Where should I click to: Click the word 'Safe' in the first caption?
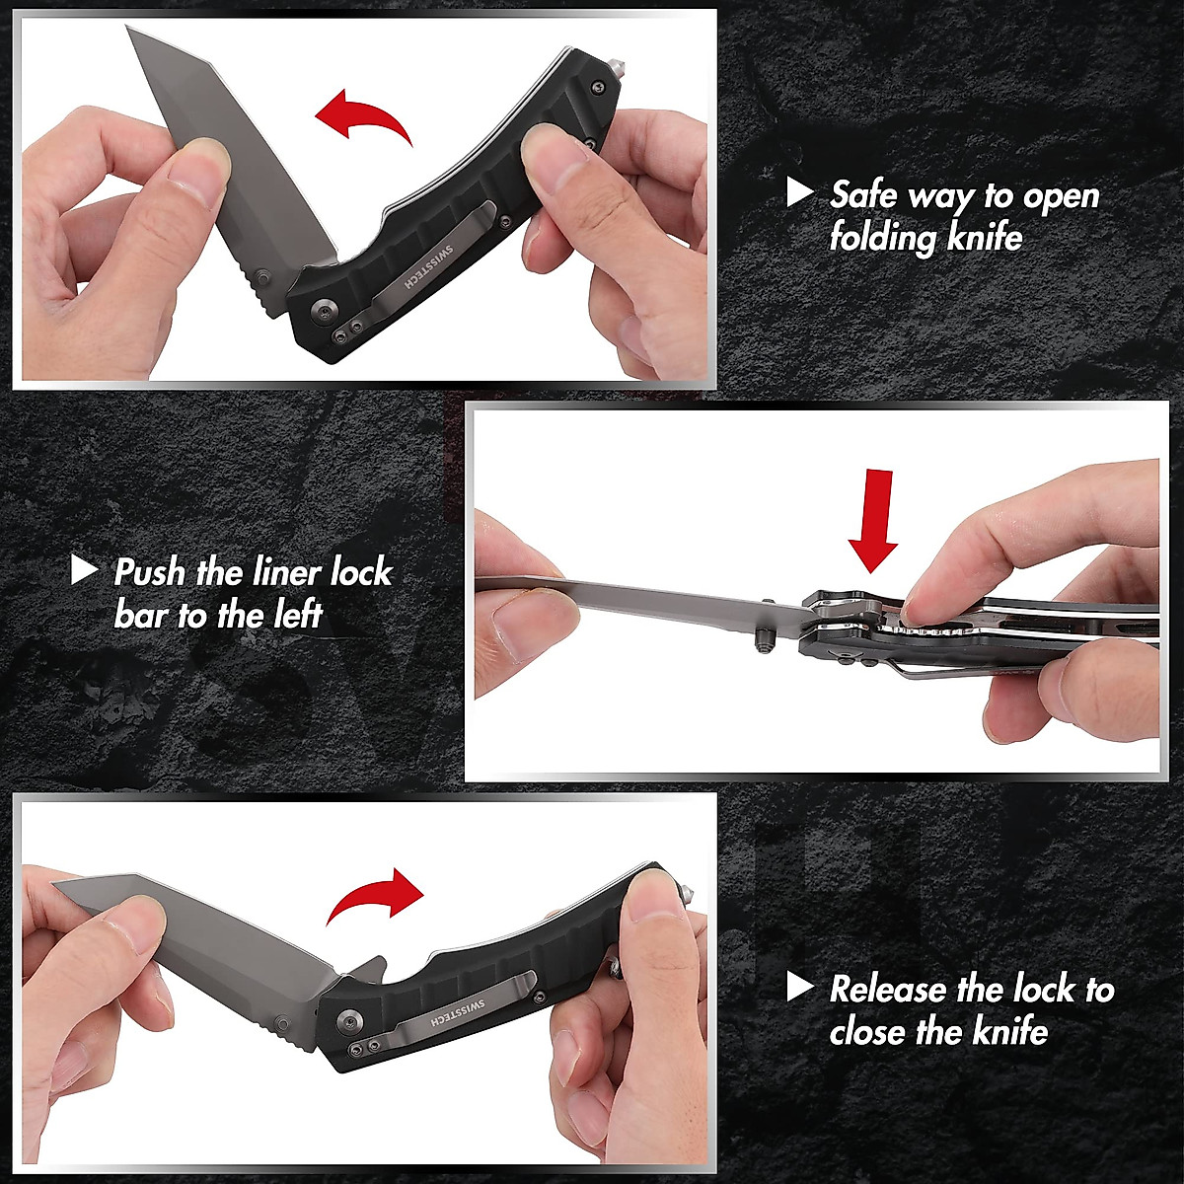tap(864, 194)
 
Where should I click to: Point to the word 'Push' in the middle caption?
tap(146, 572)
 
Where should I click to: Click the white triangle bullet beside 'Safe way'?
tap(799, 192)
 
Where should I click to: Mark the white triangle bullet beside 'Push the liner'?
tap(85, 569)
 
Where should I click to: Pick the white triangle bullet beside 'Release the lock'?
tap(799, 987)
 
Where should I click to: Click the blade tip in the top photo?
tap(129, 31)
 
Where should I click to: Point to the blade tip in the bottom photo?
tap(55, 885)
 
